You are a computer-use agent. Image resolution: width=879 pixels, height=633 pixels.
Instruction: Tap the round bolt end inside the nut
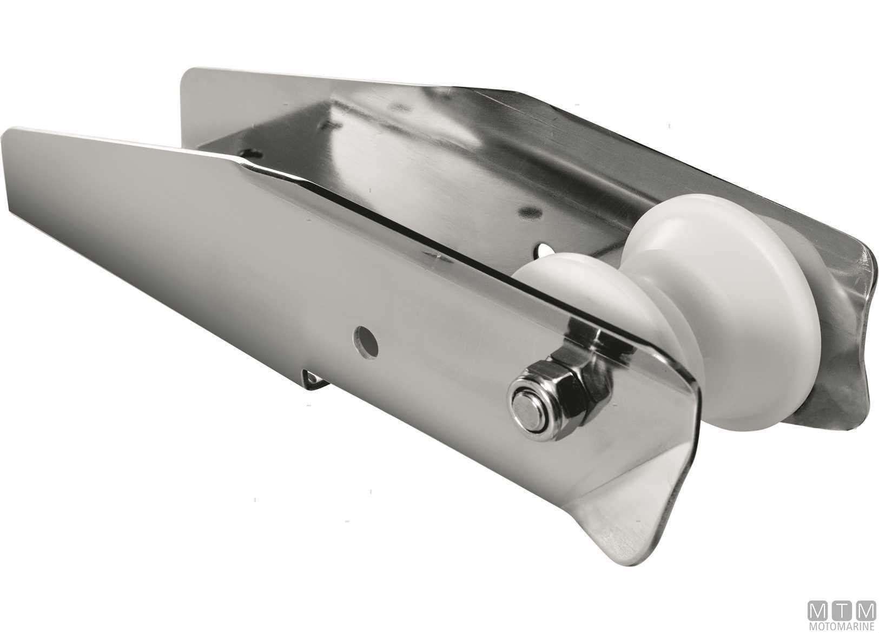click(x=530, y=411)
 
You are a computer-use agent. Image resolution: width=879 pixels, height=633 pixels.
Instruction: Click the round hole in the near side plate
click(x=366, y=342)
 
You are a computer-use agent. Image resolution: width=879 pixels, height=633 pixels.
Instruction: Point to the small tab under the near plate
click(x=315, y=379)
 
